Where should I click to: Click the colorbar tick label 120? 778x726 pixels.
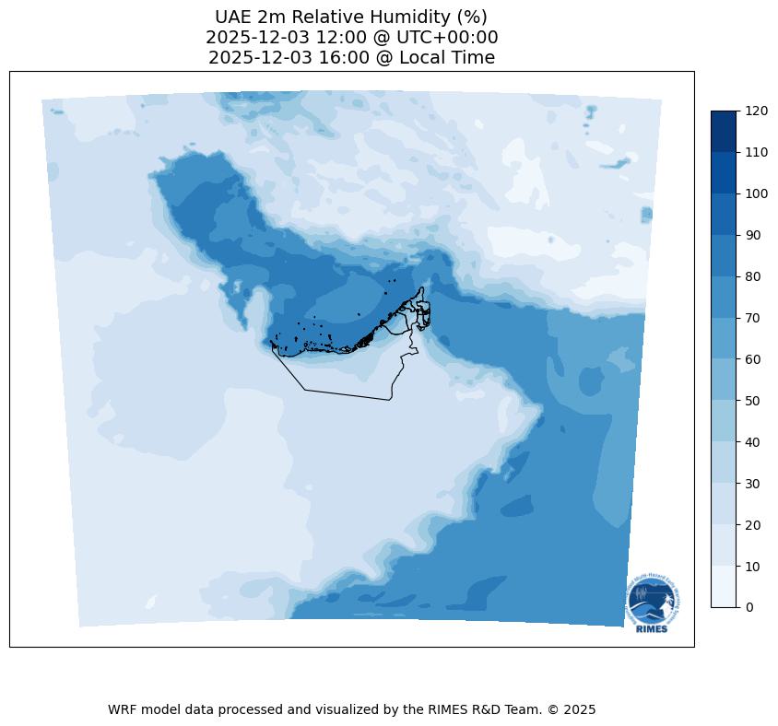pyautogui.click(x=757, y=111)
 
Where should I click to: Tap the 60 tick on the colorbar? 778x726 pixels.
pyautogui.click(x=753, y=359)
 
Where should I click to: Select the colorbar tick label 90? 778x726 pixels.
pyautogui.click(x=753, y=235)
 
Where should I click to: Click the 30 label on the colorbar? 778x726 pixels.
pyautogui.click(x=753, y=483)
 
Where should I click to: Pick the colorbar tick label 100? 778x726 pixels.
pyautogui.click(x=757, y=193)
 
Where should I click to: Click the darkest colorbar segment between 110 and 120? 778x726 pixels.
pyautogui.click(x=725, y=131)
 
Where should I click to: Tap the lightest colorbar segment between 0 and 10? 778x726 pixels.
pyautogui.click(x=725, y=586)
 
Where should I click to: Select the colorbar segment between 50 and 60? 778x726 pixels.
pyautogui.click(x=725, y=380)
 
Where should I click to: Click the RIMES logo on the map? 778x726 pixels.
pyautogui.click(x=654, y=603)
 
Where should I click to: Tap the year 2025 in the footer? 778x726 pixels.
pyautogui.click(x=579, y=710)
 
